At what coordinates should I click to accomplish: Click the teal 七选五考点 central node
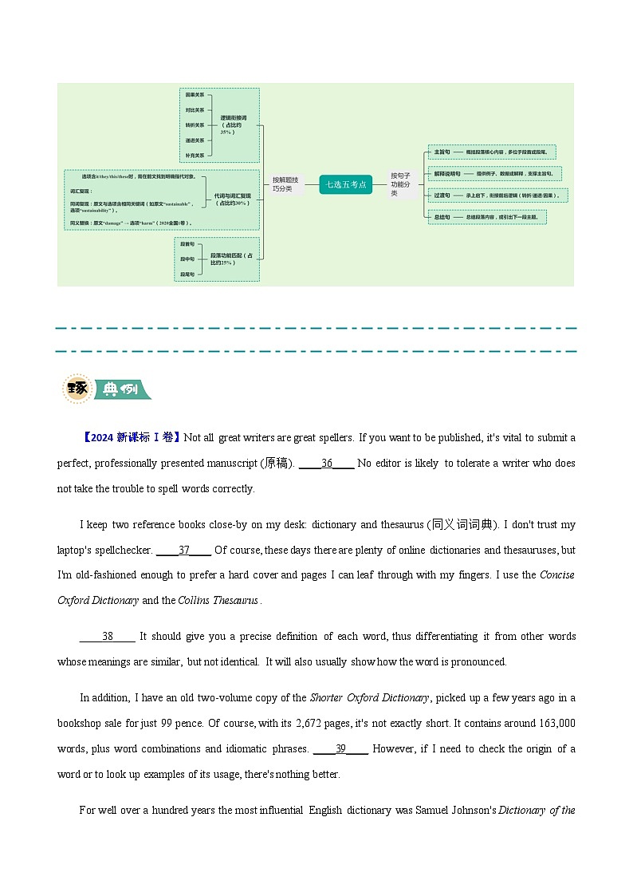click(346, 184)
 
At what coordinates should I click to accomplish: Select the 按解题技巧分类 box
click(285, 184)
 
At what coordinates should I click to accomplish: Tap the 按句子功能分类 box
click(400, 184)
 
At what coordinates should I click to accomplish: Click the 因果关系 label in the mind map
click(195, 95)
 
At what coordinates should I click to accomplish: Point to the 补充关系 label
click(195, 155)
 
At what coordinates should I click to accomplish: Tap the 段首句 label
click(187, 243)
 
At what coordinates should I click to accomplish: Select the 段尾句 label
click(187, 274)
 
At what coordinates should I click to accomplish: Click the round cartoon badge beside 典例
click(77, 389)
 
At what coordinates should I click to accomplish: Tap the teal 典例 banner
click(122, 390)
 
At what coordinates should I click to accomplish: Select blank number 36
click(327, 463)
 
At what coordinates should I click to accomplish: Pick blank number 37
click(184, 550)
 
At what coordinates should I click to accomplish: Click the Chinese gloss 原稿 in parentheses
click(277, 463)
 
